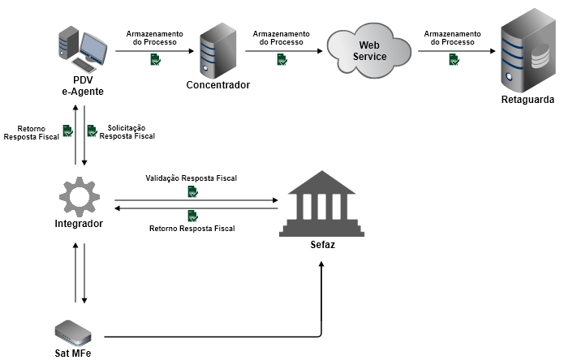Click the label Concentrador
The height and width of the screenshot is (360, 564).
tap(217, 85)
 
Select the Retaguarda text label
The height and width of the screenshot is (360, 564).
tap(527, 100)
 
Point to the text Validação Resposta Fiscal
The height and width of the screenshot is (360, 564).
tap(192, 177)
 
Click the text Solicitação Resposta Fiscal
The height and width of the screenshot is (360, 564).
tap(127, 132)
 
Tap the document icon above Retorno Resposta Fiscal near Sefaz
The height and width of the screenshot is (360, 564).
tap(192, 216)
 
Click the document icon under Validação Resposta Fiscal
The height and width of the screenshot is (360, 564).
tap(192, 191)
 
